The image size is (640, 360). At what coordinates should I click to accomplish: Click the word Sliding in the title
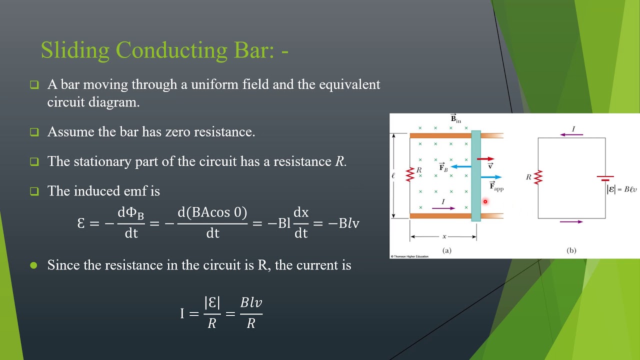tap(75, 50)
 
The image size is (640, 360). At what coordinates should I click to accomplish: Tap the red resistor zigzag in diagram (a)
tap(410, 174)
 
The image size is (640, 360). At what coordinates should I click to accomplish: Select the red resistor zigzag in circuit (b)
tap(538, 177)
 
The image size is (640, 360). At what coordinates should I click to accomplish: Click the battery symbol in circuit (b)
tap(605, 178)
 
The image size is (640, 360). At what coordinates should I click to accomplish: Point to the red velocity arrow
tap(485, 159)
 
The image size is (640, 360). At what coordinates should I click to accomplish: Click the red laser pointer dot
tap(485, 201)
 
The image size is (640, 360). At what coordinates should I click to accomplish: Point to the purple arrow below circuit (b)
tap(571, 221)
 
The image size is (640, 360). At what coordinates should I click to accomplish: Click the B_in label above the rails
tap(455, 119)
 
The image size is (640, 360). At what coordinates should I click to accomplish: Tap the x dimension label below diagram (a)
tap(444, 236)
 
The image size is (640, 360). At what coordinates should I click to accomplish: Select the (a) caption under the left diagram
tap(447, 250)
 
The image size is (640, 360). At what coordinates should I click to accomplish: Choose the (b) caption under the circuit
tap(571, 250)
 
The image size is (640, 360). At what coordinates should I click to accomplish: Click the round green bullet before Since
tap(34, 265)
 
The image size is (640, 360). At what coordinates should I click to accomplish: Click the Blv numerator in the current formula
tap(251, 302)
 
